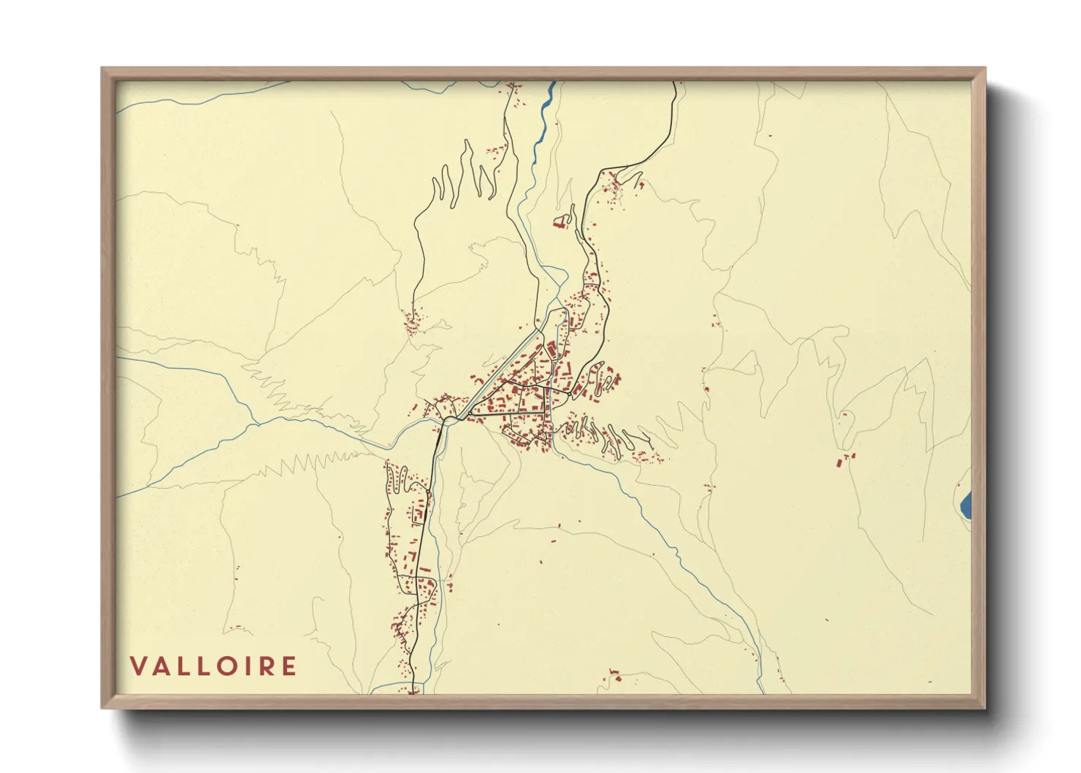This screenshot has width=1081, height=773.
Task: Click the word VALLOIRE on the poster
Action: click(213, 666)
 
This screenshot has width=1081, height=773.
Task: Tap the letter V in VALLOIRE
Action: click(138, 666)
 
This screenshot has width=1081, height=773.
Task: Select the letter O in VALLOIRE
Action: click(227, 666)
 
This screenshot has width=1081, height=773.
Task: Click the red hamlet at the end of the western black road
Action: click(413, 320)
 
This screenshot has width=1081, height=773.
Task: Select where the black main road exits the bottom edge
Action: click(413, 691)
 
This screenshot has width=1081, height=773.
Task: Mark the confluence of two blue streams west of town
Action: click(255, 422)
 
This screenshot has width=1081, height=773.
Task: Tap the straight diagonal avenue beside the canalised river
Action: click(504, 365)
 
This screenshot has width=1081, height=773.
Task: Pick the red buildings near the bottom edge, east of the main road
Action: click(614, 675)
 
